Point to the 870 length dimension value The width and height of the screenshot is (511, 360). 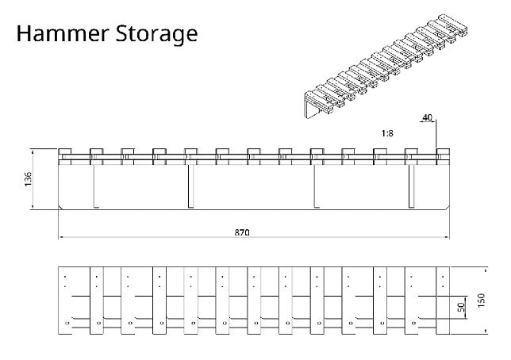(x=242, y=233)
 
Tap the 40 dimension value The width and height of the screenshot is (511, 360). (x=427, y=117)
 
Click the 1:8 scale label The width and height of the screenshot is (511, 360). (x=388, y=133)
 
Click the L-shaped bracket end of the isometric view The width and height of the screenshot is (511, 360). (x=314, y=105)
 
